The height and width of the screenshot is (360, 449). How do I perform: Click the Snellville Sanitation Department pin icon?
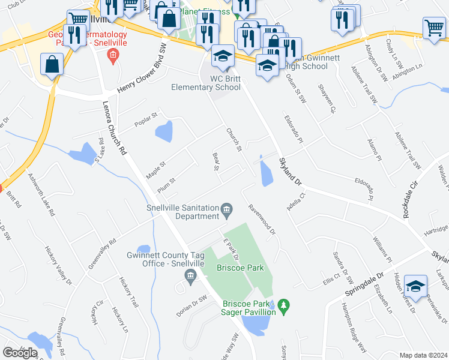[x=227, y=209]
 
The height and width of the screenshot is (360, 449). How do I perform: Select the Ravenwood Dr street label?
[x=262, y=218]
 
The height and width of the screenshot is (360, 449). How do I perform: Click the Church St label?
[x=234, y=139]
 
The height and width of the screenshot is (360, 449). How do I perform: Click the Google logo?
[x=20, y=352]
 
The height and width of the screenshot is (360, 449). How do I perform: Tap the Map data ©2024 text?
[x=423, y=355]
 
